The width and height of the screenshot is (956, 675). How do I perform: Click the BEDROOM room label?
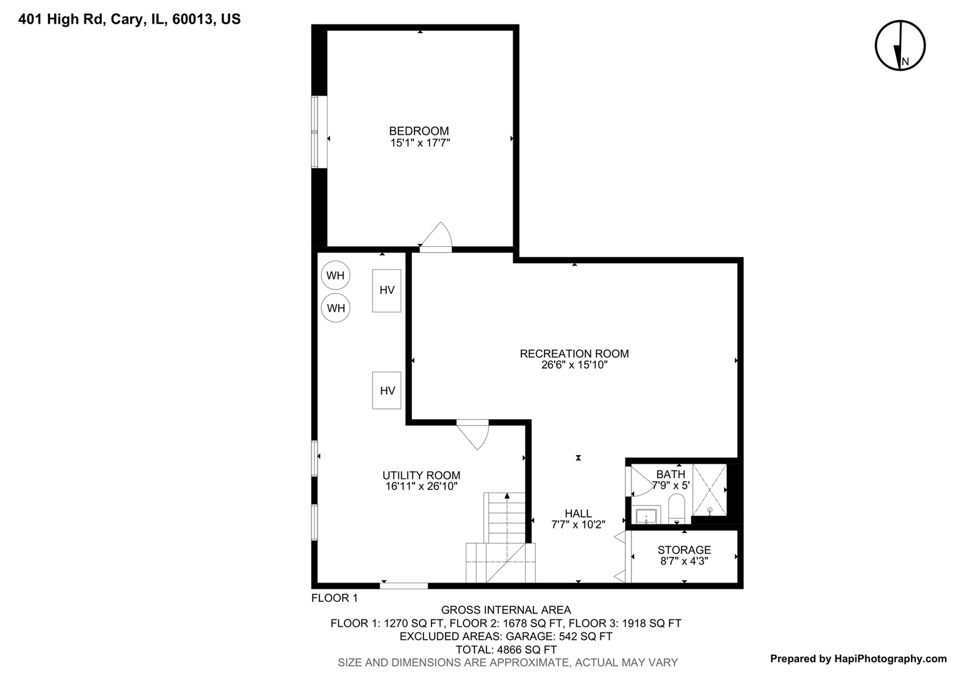coord(419,131)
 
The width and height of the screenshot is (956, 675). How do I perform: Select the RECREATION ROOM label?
coord(574,354)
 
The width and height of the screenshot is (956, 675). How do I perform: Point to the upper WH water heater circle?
coord(336,276)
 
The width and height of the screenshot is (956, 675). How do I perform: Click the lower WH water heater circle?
coord(336,308)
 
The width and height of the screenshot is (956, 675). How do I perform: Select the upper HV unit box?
coord(387,290)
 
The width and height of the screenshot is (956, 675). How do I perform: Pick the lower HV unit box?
coord(387,391)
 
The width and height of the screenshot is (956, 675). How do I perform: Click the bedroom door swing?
coord(438,237)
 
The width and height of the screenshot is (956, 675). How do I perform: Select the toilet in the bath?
coord(677,507)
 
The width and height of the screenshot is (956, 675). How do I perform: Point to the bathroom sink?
coord(646,516)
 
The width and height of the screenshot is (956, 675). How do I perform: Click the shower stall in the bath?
coord(710,490)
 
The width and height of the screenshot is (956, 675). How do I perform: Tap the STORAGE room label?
coord(684,550)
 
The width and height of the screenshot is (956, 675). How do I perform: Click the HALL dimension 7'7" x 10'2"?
coord(578,525)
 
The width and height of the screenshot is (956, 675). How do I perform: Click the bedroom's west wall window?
coord(319,132)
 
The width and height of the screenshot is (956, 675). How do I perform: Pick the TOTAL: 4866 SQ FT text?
coord(506,649)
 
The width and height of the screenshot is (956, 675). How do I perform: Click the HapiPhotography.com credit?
coord(858,658)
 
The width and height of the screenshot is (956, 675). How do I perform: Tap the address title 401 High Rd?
coord(129,19)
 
